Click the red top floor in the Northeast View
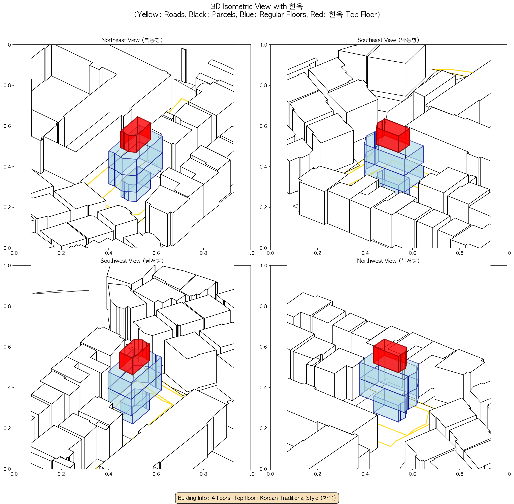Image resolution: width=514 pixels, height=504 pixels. pyautogui.click(x=136, y=135)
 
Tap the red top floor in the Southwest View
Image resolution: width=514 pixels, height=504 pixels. pyautogui.click(x=135, y=357)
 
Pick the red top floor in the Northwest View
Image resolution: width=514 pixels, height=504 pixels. pyautogui.click(x=390, y=356)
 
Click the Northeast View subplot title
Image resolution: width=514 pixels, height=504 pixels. pyautogui.click(x=132, y=40)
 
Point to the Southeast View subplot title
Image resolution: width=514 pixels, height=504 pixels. pyautogui.click(x=388, y=40)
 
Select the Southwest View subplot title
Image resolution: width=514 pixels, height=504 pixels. pyautogui.click(x=132, y=261)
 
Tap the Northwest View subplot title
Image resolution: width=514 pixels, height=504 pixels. pyautogui.click(x=388, y=261)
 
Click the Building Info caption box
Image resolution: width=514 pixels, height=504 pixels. pyautogui.click(x=257, y=498)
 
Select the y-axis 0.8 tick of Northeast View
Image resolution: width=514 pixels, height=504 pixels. pyautogui.click(x=7, y=85)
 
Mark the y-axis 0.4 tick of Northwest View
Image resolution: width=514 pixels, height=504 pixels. pyautogui.click(x=263, y=388)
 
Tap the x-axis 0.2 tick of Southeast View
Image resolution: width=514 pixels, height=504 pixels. pyautogui.click(x=318, y=253)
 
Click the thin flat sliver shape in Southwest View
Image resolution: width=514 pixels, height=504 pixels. pyautogui.click(x=60, y=292)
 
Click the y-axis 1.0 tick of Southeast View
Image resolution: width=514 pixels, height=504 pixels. pyautogui.click(x=263, y=45)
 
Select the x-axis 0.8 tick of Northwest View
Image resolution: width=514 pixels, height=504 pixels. pyautogui.click(x=460, y=474)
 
